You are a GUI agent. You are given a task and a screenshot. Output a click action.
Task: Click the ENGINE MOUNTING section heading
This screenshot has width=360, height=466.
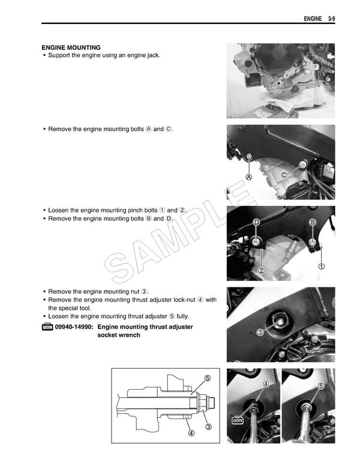[71, 47]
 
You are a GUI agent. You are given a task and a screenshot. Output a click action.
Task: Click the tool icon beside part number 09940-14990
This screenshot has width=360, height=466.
[47, 327]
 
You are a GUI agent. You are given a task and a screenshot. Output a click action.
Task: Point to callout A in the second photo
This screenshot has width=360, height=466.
[248, 178]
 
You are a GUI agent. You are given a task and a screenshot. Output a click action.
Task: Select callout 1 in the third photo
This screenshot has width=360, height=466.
[322, 266]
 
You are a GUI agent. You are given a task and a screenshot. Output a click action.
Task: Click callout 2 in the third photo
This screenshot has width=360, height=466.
[262, 271]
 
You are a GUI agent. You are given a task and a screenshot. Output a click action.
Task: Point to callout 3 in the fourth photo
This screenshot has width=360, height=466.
[260, 332]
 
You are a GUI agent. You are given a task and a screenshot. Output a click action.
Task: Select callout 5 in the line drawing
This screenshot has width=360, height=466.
[207, 378]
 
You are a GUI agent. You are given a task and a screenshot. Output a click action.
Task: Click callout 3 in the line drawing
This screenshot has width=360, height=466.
[208, 427]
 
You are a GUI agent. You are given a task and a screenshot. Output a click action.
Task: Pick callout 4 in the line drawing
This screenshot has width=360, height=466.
[191, 434]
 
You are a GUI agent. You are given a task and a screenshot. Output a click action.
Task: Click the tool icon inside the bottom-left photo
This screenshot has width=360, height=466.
[237, 420]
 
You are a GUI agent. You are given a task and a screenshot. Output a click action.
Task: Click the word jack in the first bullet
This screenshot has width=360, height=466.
[152, 55]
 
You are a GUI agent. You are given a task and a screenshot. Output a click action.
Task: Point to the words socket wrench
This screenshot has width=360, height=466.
[119, 335]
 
